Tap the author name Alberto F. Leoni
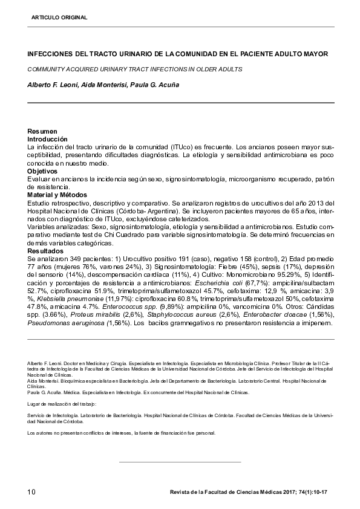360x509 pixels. [53, 85]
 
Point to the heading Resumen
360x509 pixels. [42, 132]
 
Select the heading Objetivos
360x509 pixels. [44, 172]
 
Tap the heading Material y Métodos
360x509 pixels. [58, 195]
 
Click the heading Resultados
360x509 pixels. [45, 250]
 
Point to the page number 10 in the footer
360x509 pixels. [32, 492]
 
